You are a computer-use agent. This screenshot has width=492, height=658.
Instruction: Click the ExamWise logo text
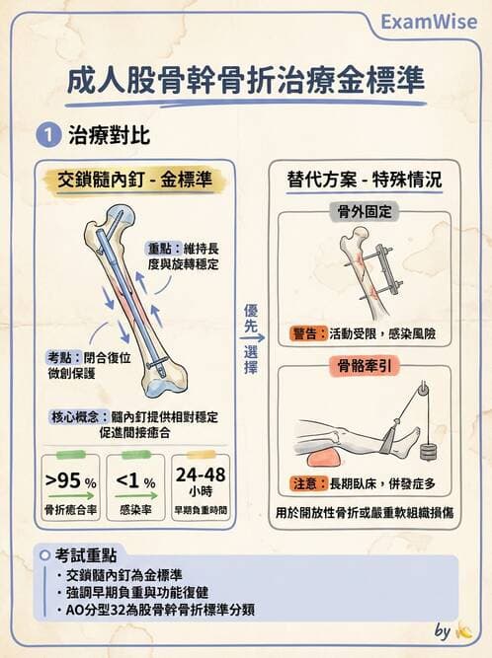(429, 22)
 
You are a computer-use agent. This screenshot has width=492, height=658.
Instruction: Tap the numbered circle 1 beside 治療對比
(48, 135)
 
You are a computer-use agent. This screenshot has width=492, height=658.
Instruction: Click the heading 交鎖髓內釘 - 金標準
(134, 180)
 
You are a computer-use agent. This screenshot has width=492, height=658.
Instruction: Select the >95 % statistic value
(70, 480)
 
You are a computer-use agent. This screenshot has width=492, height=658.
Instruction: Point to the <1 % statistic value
(135, 480)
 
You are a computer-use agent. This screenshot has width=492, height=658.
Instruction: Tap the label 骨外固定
(365, 211)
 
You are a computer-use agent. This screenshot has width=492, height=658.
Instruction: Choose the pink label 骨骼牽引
(365, 366)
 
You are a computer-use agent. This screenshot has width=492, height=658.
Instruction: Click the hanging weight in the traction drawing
(429, 452)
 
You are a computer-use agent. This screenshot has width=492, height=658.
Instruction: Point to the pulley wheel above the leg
(423, 391)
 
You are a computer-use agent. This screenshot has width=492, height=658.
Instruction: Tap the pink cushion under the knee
(324, 459)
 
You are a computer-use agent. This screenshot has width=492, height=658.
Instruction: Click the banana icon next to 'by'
(463, 630)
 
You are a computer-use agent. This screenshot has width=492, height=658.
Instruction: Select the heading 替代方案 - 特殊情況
(365, 180)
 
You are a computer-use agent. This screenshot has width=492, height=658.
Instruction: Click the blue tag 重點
(163, 249)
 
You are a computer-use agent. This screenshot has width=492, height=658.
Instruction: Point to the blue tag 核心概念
(79, 417)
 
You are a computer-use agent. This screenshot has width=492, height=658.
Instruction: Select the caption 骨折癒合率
(70, 510)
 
